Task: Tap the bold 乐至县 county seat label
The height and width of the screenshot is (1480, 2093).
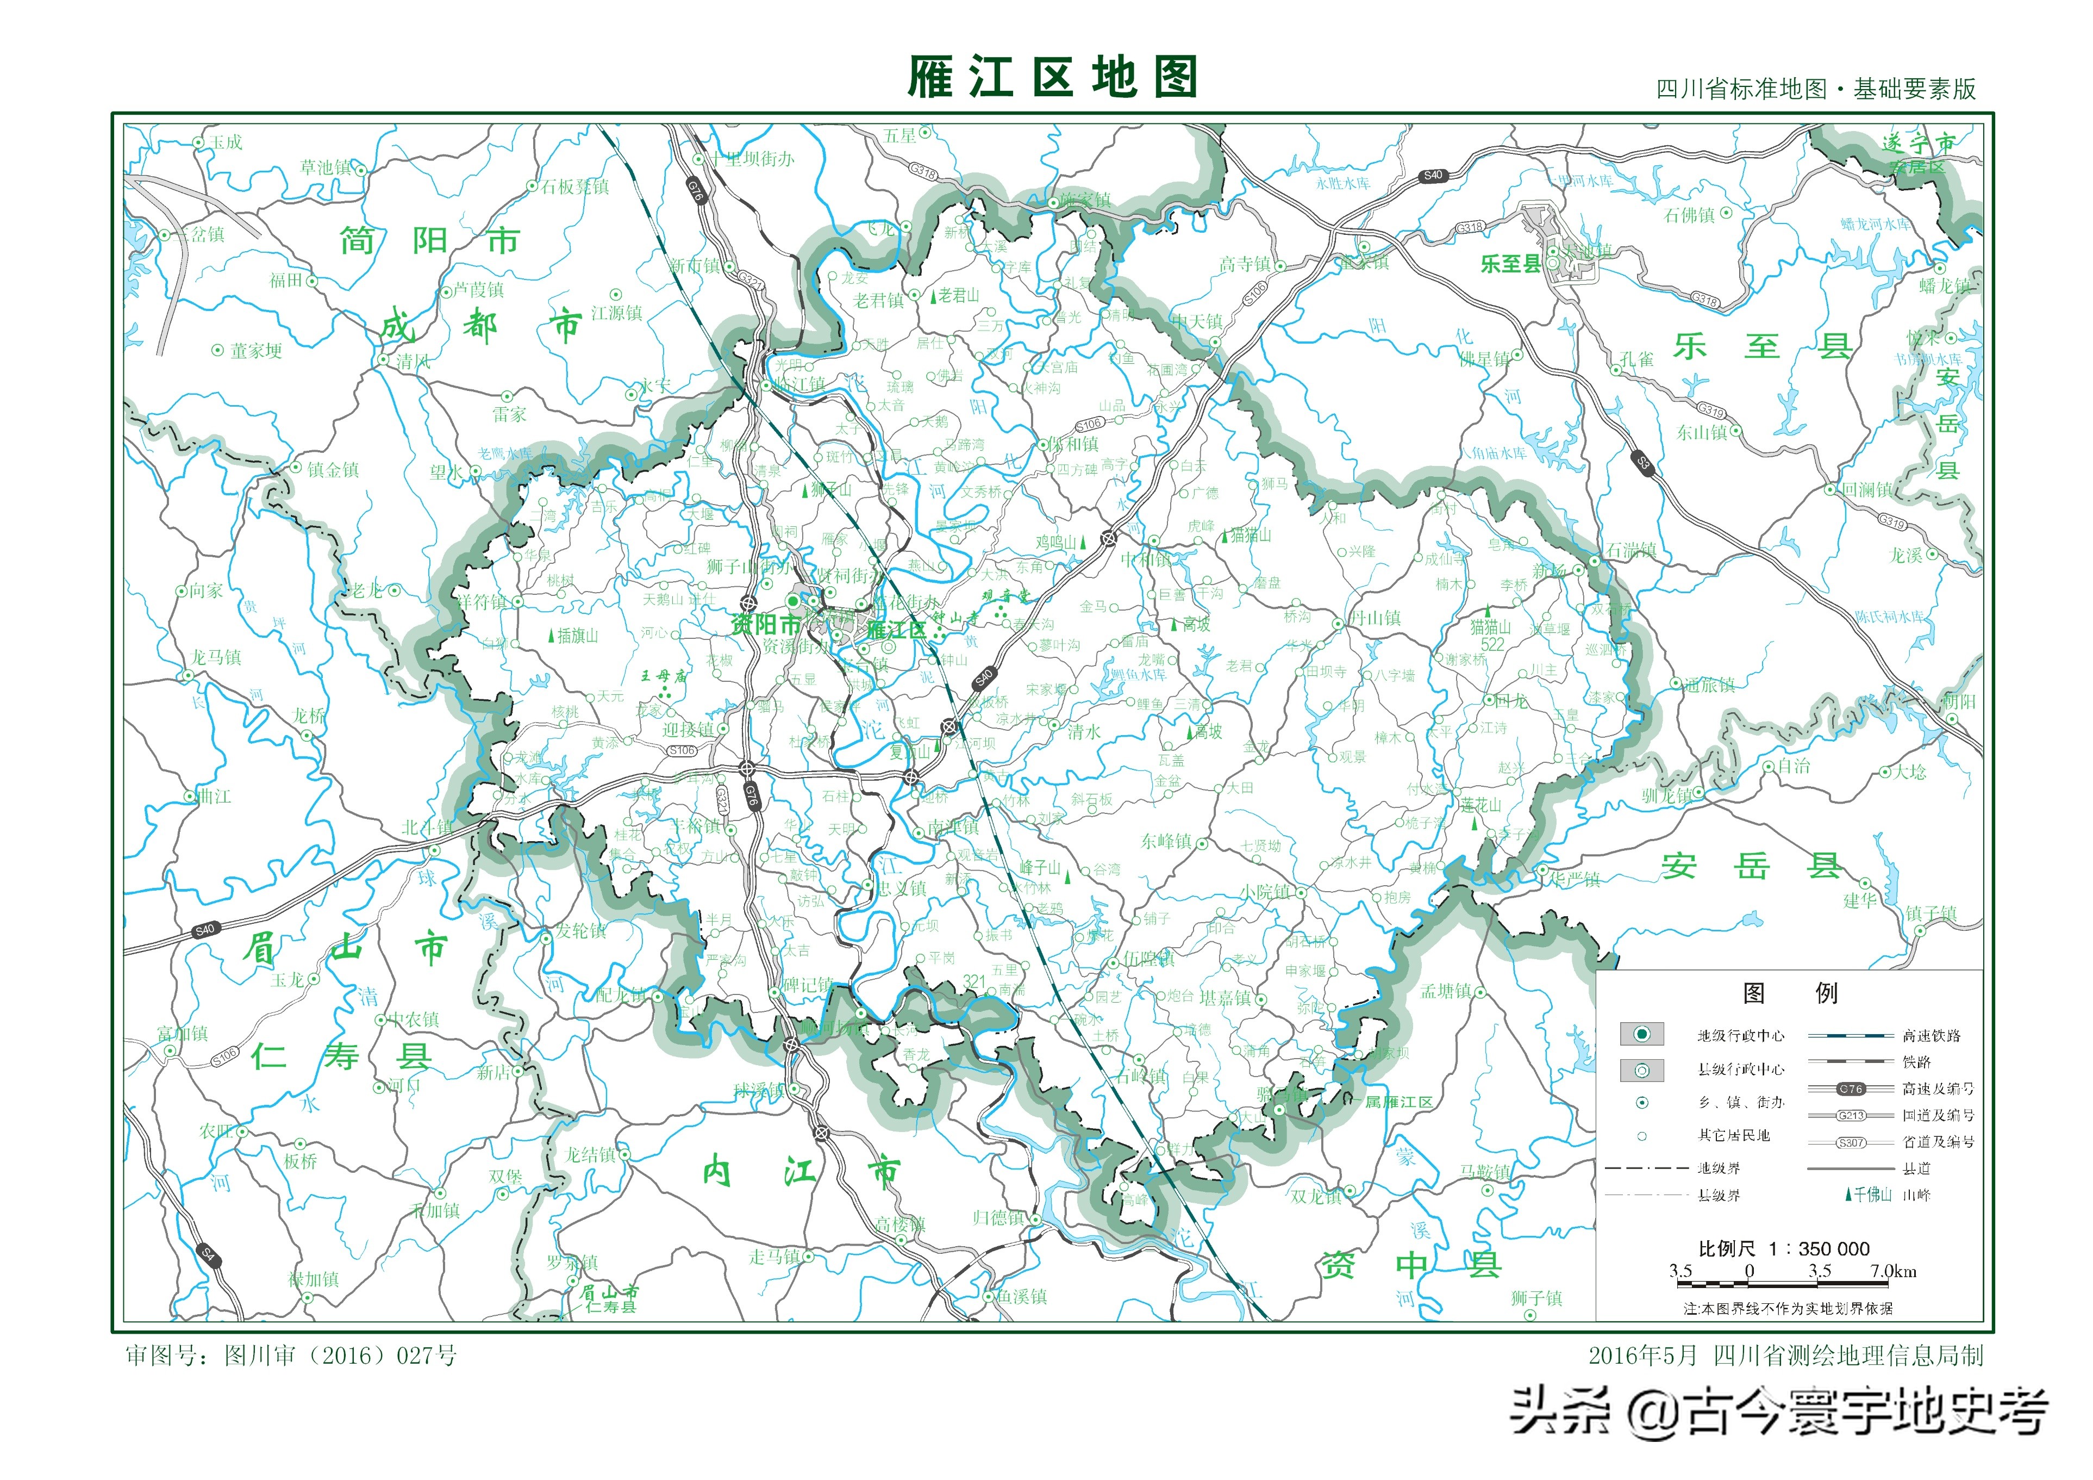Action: click(x=1510, y=264)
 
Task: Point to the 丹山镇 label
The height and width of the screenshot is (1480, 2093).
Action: click(x=1374, y=618)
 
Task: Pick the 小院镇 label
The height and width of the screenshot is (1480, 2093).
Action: click(x=1264, y=892)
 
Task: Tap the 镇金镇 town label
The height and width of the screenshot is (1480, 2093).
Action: click(x=333, y=470)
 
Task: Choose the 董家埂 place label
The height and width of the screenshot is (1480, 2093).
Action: click(x=256, y=351)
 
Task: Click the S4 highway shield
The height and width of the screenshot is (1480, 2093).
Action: click(x=208, y=1254)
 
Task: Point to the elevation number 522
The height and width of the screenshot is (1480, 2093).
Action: click(x=1492, y=644)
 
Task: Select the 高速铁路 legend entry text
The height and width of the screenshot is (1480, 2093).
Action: click(x=1930, y=1035)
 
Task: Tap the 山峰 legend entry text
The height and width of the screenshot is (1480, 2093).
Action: click(x=1917, y=1195)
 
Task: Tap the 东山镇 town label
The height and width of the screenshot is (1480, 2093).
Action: click(x=1701, y=432)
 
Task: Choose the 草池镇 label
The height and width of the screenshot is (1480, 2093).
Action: click(x=326, y=168)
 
